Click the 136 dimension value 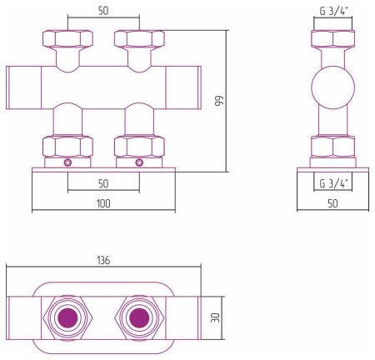click(103, 261)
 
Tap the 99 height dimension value click(219, 101)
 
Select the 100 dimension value click(103, 203)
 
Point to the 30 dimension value click(215, 317)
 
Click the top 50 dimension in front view click(103, 11)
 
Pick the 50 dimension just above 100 click(103, 183)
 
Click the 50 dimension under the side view click(332, 203)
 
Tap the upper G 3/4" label click(334, 12)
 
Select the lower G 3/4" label click(333, 183)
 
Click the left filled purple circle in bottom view click(68, 317)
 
